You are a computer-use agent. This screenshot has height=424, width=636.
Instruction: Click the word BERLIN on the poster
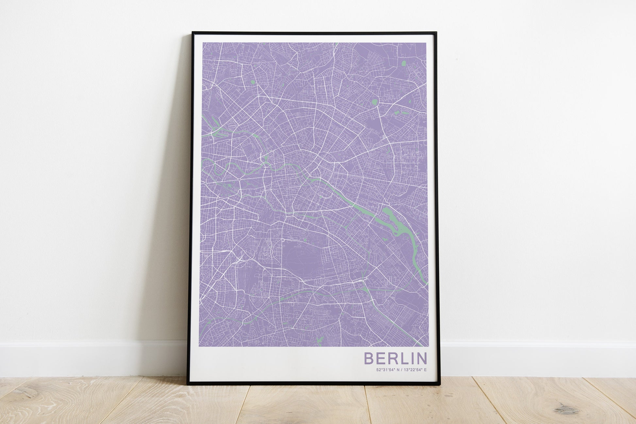pos(395,358)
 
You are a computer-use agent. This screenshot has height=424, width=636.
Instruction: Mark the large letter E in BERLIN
pos(380,358)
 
